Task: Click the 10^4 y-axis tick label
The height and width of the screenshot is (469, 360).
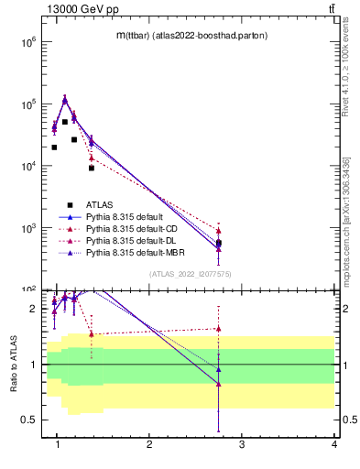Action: point(27,166)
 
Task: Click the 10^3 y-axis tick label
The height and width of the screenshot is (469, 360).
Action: point(27,228)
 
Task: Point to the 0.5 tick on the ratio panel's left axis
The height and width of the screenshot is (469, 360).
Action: point(28,420)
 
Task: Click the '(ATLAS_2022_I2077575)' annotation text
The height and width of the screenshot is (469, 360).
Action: point(190,274)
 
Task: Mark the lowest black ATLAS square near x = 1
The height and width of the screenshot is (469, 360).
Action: point(55,147)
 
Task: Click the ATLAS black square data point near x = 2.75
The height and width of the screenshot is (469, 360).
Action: point(219,243)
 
